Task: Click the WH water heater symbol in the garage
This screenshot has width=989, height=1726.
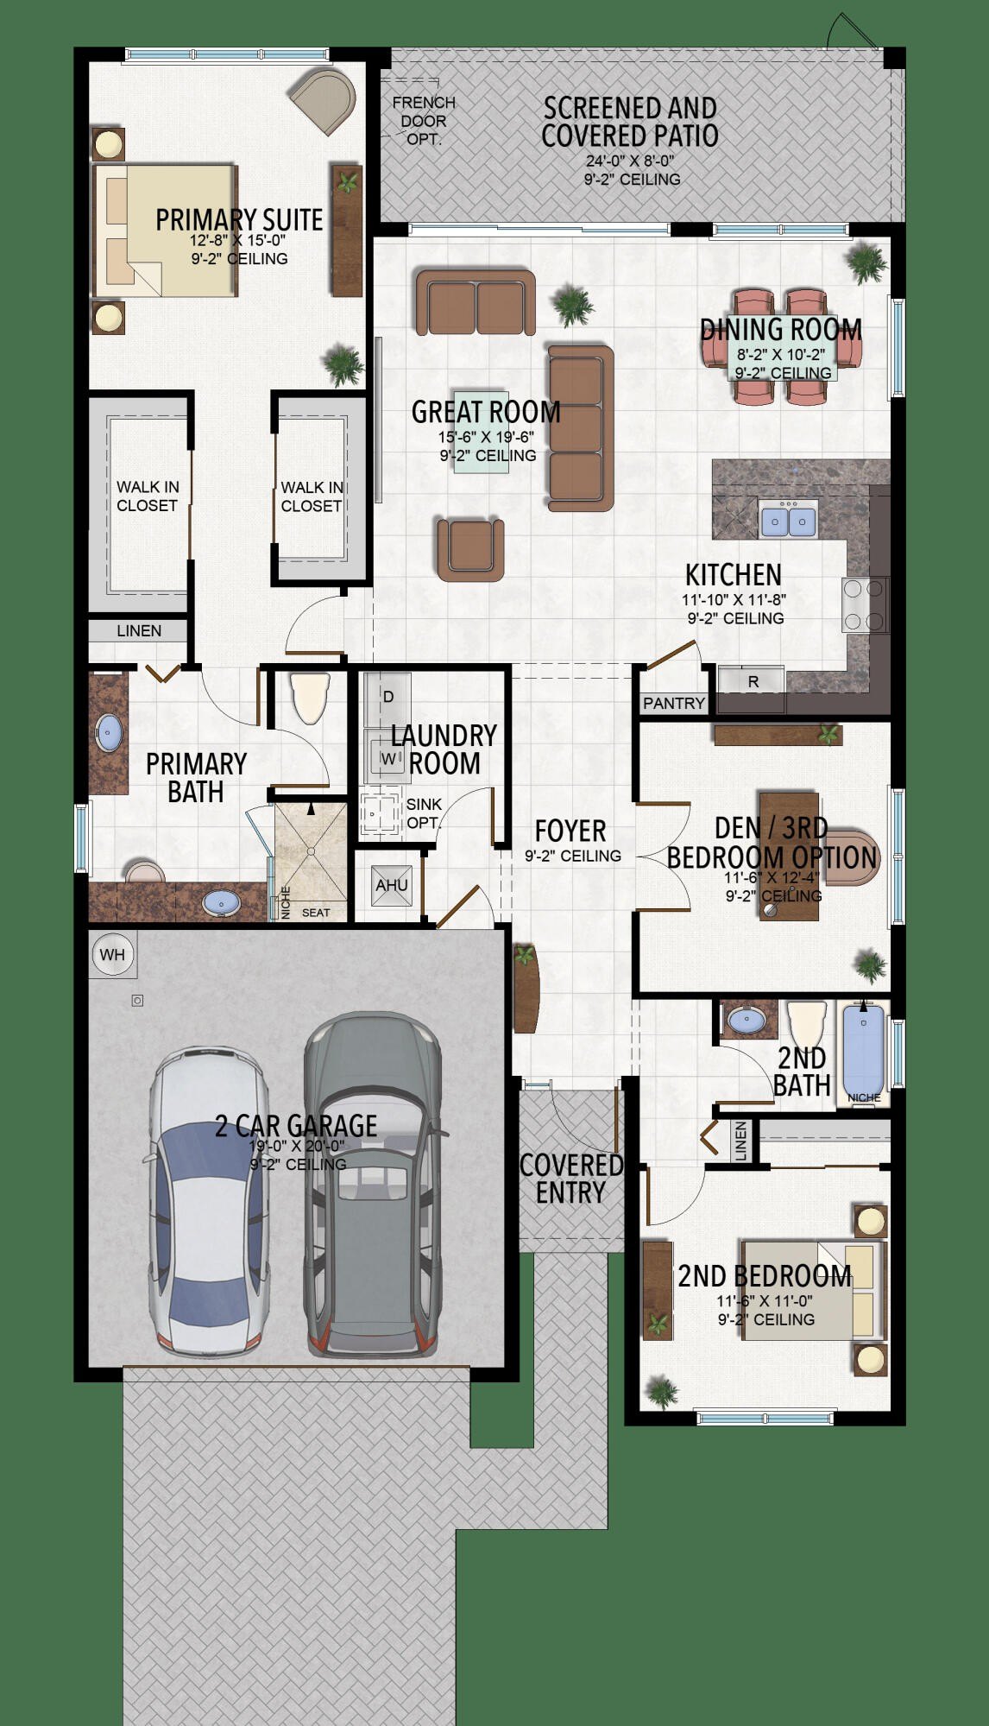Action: [x=112, y=954]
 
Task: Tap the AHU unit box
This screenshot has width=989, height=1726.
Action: [x=392, y=885]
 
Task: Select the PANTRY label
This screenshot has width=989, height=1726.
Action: [x=673, y=703]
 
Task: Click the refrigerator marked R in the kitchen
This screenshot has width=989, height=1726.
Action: [x=753, y=681]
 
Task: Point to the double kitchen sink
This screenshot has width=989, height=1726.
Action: [x=788, y=521]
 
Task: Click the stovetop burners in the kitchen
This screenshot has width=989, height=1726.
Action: [x=864, y=604]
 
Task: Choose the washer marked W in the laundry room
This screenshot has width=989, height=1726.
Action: [x=387, y=758]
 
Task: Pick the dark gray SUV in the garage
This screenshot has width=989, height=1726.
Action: [x=374, y=1183]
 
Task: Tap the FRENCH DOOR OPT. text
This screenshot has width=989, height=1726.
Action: [x=424, y=120]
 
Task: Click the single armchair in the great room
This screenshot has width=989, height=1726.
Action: [x=470, y=549]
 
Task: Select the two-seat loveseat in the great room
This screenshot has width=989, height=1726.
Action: [x=476, y=302]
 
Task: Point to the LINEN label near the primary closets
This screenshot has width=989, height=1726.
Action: [x=139, y=630]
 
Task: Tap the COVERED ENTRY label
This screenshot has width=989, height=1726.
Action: [x=570, y=1179]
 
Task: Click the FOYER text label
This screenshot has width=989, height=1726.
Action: [x=570, y=831]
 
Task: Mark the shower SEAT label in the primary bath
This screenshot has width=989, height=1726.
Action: [x=316, y=912]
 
